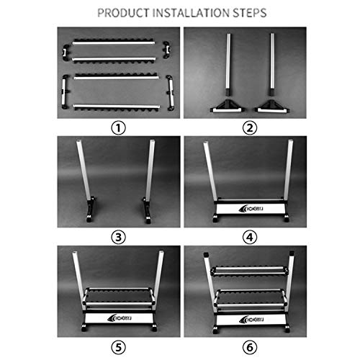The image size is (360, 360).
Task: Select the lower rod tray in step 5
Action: [120, 297]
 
